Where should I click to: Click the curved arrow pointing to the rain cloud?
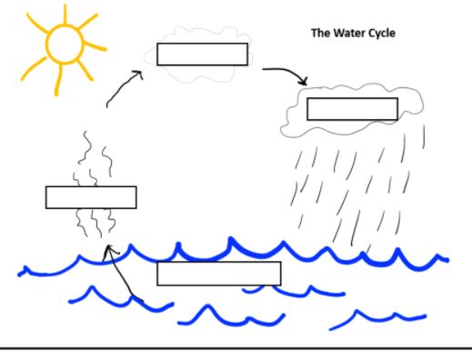(288, 72)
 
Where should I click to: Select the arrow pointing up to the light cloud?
(124, 87)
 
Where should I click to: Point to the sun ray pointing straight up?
(65, 14)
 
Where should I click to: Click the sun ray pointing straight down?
(58, 80)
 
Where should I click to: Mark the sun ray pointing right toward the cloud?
(95, 46)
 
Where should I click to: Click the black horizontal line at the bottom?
(236, 349)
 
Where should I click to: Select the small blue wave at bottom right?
(377, 317)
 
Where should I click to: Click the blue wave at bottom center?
(231, 316)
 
